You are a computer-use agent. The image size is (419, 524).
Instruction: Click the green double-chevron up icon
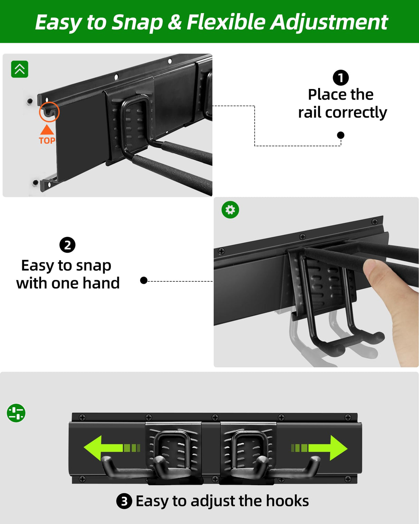coord(20,69)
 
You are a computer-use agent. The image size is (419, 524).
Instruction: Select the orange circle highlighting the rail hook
coord(49,112)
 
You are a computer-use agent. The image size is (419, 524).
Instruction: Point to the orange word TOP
coord(47,140)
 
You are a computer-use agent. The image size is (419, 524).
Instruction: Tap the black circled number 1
coord(341,78)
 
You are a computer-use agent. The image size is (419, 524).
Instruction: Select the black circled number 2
coord(67,245)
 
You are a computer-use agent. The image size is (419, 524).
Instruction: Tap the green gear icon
coord(230,210)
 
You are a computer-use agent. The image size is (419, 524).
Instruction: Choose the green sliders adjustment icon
coord(16,413)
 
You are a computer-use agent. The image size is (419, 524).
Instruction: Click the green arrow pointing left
coord(112,448)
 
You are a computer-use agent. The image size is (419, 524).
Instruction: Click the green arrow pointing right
coord(319,448)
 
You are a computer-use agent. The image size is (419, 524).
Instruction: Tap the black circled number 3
coord(124,501)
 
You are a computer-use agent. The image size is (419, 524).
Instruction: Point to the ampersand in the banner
coord(174,22)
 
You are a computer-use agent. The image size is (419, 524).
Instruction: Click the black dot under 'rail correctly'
coord(341,135)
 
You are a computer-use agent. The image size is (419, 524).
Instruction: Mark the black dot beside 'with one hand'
coord(144,281)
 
